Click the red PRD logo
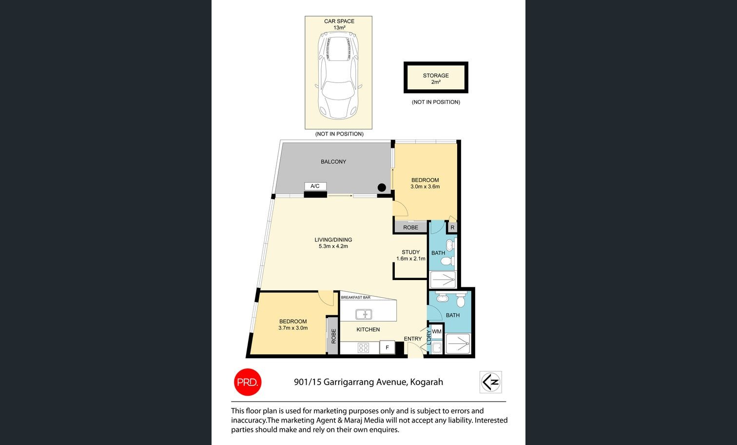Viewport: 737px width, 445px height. click(248, 382)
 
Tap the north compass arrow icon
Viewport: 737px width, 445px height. click(490, 382)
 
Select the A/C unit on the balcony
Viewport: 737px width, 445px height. click(315, 186)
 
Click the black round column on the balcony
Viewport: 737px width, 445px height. click(382, 187)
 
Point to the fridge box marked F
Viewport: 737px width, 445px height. click(387, 347)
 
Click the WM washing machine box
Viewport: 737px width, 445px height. click(437, 332)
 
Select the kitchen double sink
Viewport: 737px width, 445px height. click(364, 315)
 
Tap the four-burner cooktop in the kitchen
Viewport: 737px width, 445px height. click(363, 348)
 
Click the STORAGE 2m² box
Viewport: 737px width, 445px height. click(436, 78)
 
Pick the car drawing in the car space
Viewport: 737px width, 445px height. click(339, 75)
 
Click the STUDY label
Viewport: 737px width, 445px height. click(410, 252)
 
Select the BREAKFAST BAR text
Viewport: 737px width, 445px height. click(356, 298)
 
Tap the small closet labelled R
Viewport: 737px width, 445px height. click(452, 227)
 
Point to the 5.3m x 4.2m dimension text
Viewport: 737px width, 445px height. click(333, 246)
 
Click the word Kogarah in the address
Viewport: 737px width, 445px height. click(427, 382)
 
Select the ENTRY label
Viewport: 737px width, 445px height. click(413, 339)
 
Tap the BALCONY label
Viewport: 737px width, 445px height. click(333, 162)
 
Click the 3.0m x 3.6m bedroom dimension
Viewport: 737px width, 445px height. click(425, 186)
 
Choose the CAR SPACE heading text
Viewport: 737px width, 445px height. click(339, 21)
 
